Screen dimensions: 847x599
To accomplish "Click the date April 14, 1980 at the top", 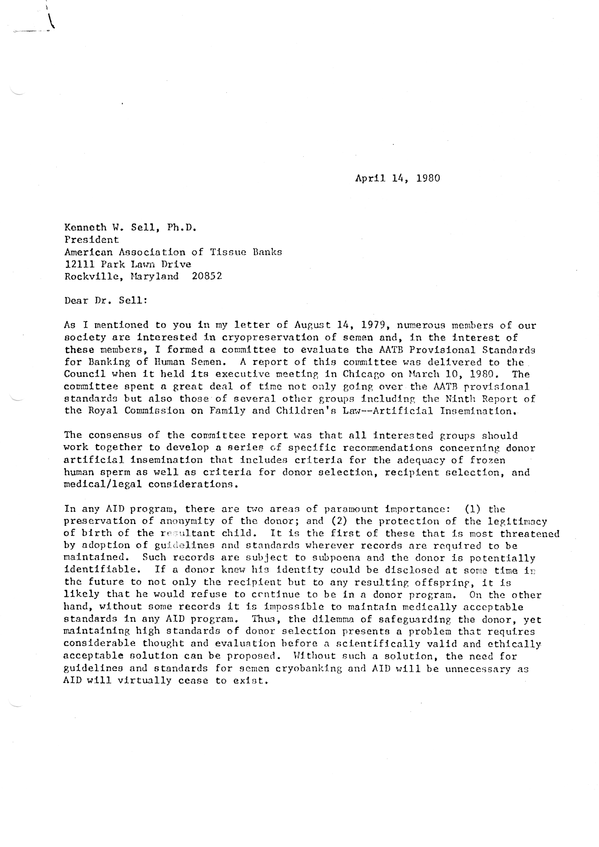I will tap(397, 179).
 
